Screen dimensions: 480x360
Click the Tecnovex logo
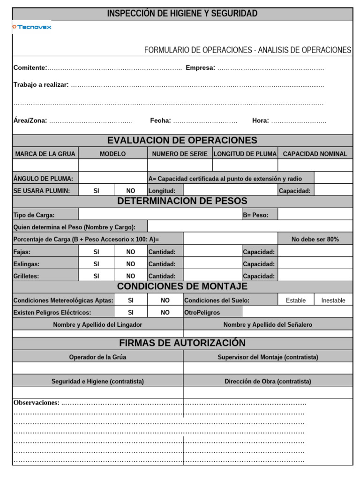pyautogui.click(x=32, y=27)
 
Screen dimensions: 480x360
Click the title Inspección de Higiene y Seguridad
pyautogui.click(x=182, y=14)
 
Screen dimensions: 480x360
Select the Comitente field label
pyautogui.click(x=30, y=68)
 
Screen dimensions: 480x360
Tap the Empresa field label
pyautogui.click(x=200, y=68)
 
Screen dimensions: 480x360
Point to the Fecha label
pyautogui.click(x=160, y=120)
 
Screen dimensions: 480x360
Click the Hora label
pyautogui.click(x=260, y=120)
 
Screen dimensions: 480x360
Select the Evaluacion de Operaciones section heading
pyautogui.click(x=182, y=140)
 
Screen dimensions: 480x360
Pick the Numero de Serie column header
pyautogui.click(x=180, y=154)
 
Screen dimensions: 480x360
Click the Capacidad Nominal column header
pyautogui.click(x=315, y=154)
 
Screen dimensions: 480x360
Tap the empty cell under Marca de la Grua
pyautogui.click(x=45, y=165)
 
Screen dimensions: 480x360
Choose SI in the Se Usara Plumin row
pyautogui.click(x=96, y=191)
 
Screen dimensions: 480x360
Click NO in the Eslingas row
pyautogui.click(x=131, y=264)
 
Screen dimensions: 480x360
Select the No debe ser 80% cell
pyautogui.click(x=315, y=239)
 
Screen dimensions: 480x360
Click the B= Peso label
pyautogui.click(x=255, y=215)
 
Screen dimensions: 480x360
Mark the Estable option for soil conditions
pyautogui.click(x=296, y=300)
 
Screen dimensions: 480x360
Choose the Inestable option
pyautogui.click(x=333, y=300)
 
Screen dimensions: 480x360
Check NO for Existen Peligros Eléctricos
pyautogui.click(x=165, y=312)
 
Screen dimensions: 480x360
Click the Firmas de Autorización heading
pyautogui.click(x=182, y=343)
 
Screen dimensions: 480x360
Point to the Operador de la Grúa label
pyautogui.click(x=97, y=357)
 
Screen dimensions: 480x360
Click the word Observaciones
pyautogui.click(x=37, y=403)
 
